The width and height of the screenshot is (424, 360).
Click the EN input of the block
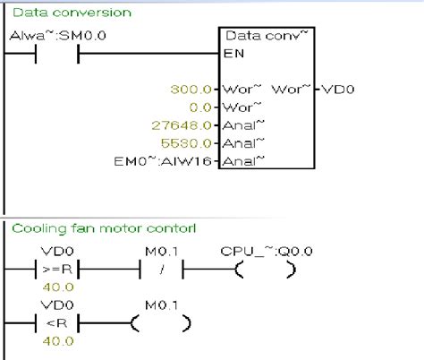point(233,54)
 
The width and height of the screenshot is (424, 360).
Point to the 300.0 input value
point(195,90)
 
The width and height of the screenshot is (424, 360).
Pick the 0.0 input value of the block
point(201,107)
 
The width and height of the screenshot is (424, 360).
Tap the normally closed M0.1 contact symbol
point(162,267)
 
